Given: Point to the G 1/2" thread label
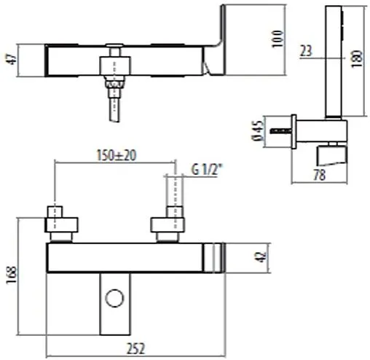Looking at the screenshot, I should click(x=208, y=171).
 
